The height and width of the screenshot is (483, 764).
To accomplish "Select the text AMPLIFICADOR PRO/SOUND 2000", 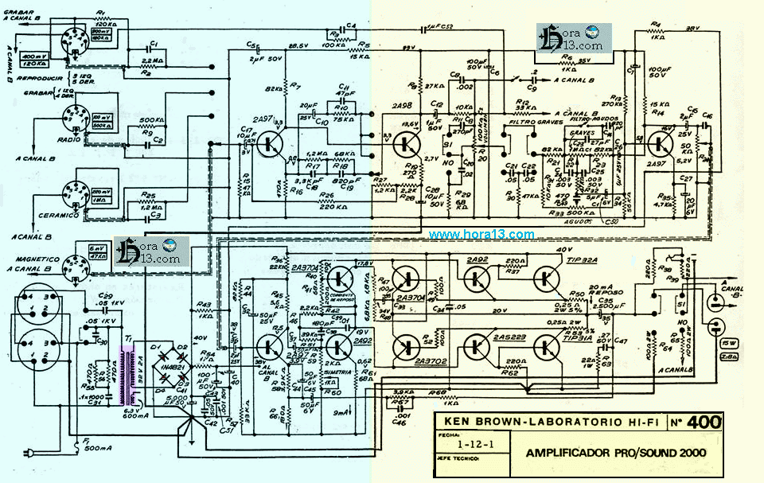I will [615, 454].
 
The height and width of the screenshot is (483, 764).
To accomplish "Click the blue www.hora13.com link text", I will [481, 235].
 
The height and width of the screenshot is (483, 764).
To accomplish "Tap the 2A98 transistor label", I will [403, 105].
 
